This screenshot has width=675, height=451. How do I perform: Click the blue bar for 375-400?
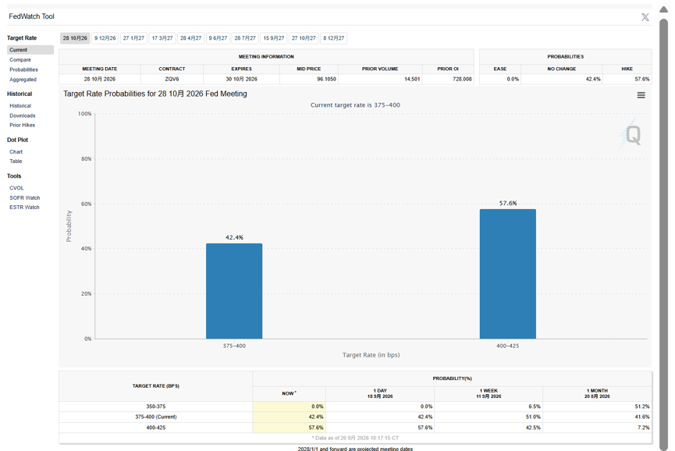point(234,291)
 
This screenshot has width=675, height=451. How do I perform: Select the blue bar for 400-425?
point(508,274)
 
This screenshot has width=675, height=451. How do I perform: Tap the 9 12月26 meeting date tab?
point(105,38)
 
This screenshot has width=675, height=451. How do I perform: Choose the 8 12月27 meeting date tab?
point(334,38)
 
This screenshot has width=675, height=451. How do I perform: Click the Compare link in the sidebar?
point(20,60)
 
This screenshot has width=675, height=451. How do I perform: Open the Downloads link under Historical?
point(23,115)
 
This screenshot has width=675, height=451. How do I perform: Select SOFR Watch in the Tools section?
point(24,198)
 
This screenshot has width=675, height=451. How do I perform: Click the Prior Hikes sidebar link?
point(23,125)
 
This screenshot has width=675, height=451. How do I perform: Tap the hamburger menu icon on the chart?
point(641,95)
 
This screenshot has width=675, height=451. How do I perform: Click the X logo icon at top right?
point(645,17)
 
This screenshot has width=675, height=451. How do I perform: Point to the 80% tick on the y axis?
point(85,159)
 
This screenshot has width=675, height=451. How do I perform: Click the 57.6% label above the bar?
point(508,203)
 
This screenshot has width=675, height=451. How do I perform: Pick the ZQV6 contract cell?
point(172,79)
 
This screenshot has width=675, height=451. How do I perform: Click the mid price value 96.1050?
point(326,79)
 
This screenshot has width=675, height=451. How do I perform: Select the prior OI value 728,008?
point(462,79)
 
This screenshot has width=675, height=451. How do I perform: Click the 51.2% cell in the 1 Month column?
point(642,407)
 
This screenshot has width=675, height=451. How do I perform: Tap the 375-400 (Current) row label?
point(156,417)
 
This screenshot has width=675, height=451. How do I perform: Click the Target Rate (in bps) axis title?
point(371,355)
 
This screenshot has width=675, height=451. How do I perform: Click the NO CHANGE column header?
point(561,69)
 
